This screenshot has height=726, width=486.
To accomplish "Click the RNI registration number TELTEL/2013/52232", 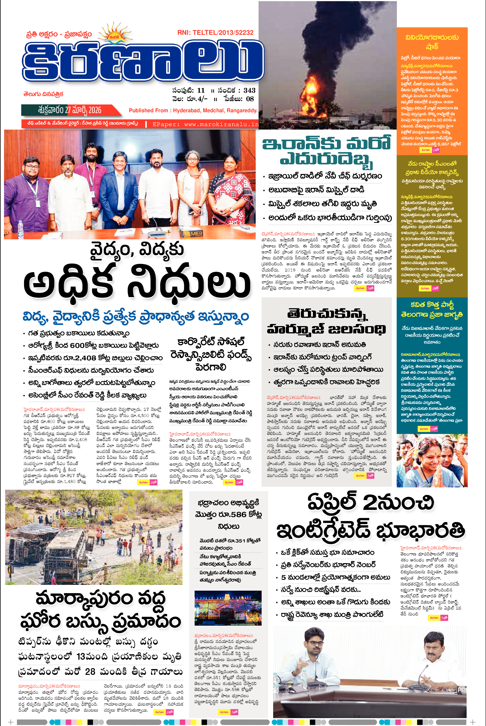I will coord(215,32).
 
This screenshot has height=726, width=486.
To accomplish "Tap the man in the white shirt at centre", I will coord(157,186).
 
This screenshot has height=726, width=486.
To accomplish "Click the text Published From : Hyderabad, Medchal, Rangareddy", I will coord(193,110).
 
